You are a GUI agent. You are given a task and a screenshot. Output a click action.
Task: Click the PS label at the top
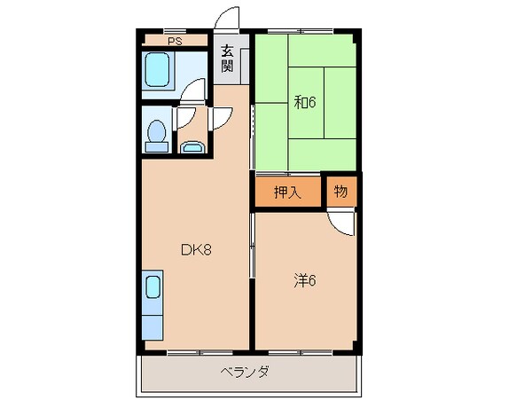174,40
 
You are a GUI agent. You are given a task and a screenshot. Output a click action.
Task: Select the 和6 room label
305,102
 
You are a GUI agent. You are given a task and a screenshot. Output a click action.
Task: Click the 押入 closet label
286,193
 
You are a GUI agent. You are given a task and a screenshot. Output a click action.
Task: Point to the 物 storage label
340,192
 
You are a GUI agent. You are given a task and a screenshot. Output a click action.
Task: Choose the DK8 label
195,250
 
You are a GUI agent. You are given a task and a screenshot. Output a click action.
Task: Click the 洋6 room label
305,281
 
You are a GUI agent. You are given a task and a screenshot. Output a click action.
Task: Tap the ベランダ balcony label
245,372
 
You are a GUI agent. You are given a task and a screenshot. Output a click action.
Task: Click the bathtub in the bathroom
159,69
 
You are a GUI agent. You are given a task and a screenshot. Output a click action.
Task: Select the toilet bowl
157,133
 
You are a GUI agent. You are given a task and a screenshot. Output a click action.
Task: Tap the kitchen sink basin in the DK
153,288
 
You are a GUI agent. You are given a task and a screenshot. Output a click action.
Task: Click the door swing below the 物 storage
341,221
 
